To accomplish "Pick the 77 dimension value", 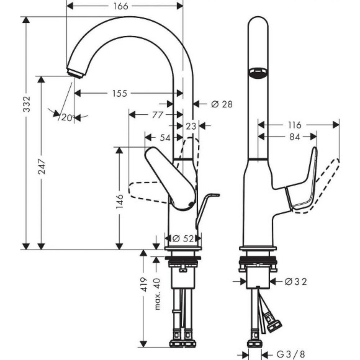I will click(x=157, y=114).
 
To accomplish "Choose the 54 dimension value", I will click(x=164, y=137).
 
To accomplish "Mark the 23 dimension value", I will click(x=191, y=126).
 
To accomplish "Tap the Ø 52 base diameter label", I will click(x=184, y=238).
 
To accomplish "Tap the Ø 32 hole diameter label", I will click(x=297, y=281).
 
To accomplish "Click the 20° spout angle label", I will click(x=67, y=117).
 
